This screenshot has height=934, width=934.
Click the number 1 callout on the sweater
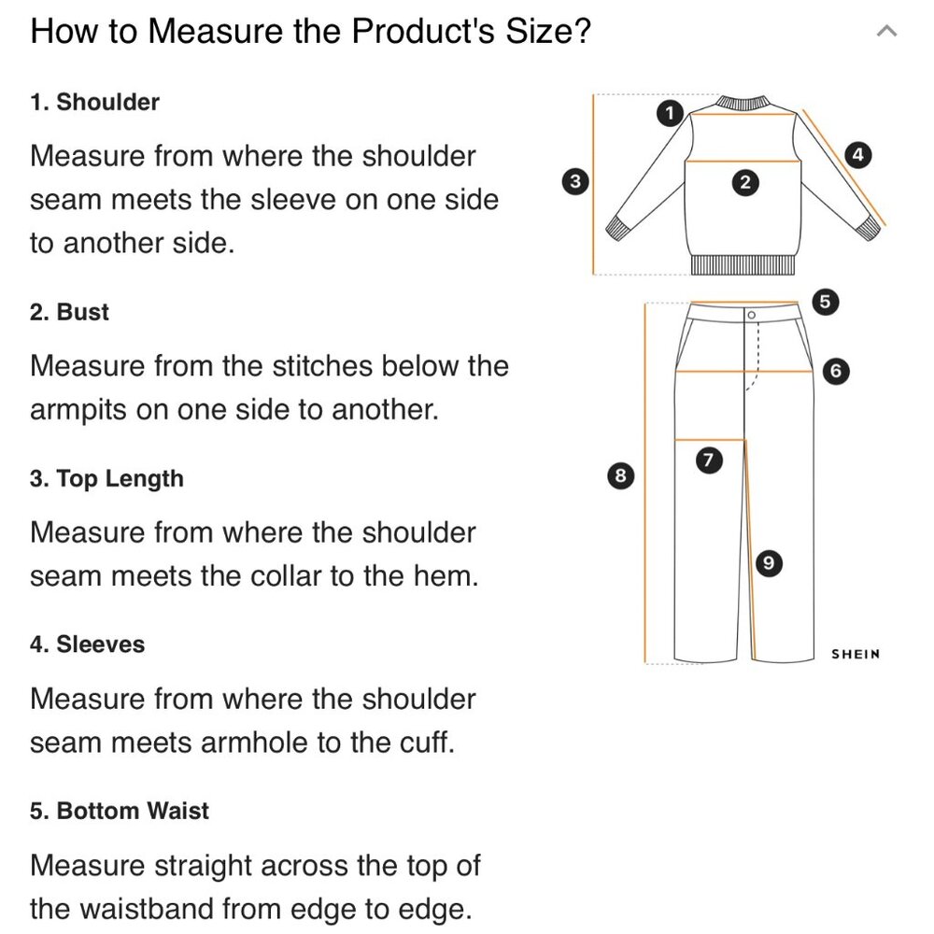click(x=670, y=113)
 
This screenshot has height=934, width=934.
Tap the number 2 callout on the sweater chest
click(x=745, y=182)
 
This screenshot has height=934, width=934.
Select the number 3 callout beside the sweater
click(x=575, y=181)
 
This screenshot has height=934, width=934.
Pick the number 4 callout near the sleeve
click(x=857, y=155)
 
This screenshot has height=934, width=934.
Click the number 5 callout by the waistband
click(x=825, y=302)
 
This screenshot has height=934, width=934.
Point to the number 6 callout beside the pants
click(x=836, y=371)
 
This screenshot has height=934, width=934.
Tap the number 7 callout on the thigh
click(x=709, y=460)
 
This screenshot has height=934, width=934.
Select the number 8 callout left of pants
click(x=621, y=476)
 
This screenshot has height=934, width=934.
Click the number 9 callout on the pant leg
click(x=769, y=563)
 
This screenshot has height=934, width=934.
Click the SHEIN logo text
click(x=856, y=654)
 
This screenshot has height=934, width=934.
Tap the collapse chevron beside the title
click(x=887, y=31)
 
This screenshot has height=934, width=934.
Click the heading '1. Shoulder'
click(x=94, y=103)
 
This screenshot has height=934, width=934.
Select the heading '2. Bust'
click(x=70, y=312)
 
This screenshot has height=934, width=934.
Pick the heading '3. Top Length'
click(x=106, y=479)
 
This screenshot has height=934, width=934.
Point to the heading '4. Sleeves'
click(x=88, y=644)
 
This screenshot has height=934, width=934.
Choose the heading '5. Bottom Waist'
click(x=120, y=811)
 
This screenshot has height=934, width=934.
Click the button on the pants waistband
click(x=751, y=315)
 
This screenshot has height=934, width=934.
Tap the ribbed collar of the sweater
click(x=743, y=102)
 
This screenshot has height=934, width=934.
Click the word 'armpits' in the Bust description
click(x=78, y=410)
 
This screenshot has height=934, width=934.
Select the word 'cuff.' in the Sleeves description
click(x=427, y=743)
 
